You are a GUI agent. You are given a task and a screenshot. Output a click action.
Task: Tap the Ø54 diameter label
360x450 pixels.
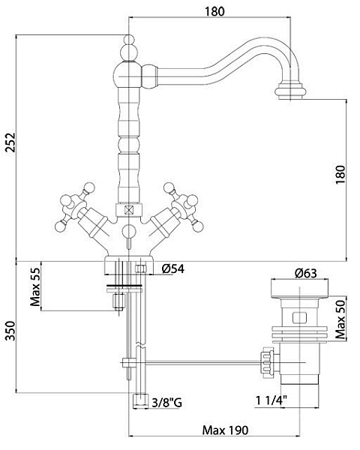pyautogui.click(x=173, y=268)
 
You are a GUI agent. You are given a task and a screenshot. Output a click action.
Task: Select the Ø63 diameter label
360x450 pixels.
pyautogui.click(x=306, y=273)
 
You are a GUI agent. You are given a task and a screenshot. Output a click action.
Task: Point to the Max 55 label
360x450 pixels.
pyautogui.click(x=35, y=287)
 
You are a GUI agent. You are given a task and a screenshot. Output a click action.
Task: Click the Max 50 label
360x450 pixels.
pyautogui.click(x=340, y=319)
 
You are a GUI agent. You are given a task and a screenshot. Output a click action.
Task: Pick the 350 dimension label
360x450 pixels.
pyautogui.click(x=10, y=331)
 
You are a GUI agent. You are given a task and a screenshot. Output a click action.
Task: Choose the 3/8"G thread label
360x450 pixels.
pyautogui.click(x=166, y=403)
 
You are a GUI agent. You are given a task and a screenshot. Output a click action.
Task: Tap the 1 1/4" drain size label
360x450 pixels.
pyautogui.click(x=271, y=400)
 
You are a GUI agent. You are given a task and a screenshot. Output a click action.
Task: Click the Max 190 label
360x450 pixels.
pyautogui.click(x=225, y=430)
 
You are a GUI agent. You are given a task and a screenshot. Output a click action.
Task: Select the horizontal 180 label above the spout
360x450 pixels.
pyautogui.click(x=214, y=11)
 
